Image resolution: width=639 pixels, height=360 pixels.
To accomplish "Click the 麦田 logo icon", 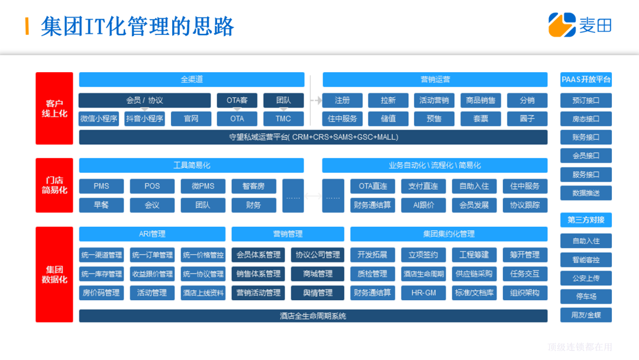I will point(561,25).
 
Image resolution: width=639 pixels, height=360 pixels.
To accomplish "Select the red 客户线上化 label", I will point(54,108).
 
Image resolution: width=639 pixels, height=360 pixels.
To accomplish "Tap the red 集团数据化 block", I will point(54,274).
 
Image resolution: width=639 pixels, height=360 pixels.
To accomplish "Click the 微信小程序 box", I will point(99,118).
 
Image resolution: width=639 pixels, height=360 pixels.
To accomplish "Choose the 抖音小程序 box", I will point(144,118).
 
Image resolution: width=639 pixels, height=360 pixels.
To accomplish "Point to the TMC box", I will point(283,118).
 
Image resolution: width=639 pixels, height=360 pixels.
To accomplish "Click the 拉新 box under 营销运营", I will point(388,101).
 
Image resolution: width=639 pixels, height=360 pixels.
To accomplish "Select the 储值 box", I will point(388,118).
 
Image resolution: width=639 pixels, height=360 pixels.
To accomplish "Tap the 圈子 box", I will point(527,118).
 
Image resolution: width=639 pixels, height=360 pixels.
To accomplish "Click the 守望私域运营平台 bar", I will point(313,137).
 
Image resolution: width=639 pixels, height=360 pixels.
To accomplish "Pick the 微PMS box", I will point(203,187).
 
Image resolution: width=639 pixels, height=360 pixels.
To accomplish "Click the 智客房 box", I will point(253,187).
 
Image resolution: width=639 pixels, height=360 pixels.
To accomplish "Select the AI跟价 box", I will point(423,205).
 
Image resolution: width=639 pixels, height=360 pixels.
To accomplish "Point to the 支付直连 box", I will point(423,187).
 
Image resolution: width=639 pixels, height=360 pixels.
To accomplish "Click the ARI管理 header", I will point(152,234).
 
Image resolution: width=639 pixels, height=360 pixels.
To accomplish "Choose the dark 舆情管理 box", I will point(317,292).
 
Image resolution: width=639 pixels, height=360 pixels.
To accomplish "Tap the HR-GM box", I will point(423,292).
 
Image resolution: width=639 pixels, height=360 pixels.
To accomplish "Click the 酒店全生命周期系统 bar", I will point(313,316).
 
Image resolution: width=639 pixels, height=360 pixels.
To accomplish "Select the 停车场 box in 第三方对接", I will point(586,297).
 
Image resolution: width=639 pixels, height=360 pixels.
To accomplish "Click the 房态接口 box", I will point(586,119).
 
